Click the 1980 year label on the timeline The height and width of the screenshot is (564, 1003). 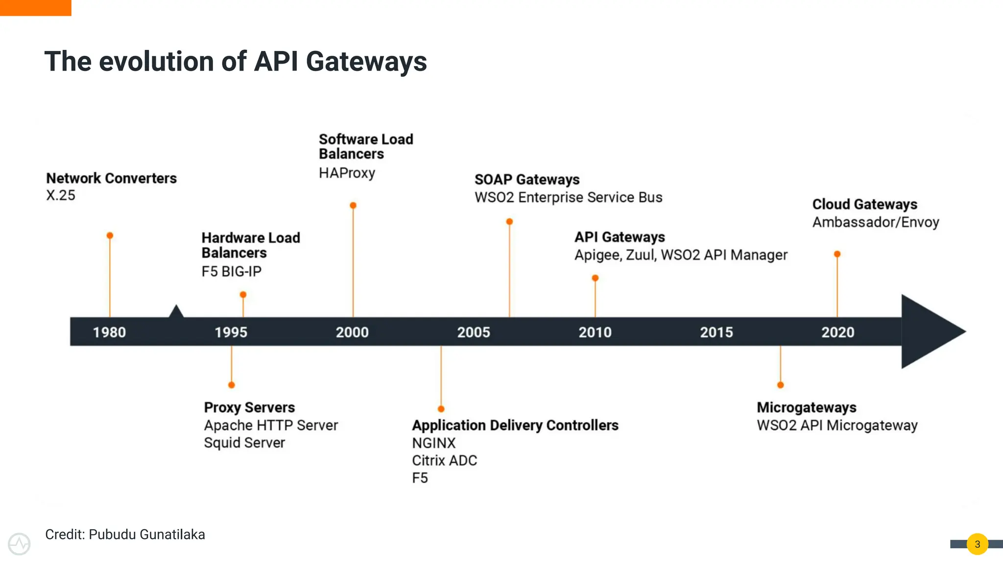[x=109, y=332]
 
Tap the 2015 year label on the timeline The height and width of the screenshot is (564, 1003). [x=716, y=332]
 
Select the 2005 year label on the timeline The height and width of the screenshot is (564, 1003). [x=474, y=332]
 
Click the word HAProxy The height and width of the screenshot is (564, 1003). [x=347, y=173]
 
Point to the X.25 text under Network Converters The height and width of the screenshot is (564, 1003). [x=61, y=195]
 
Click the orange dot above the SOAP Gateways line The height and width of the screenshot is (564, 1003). [x=509, y=222]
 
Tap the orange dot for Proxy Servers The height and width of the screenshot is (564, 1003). [x=232, y=385]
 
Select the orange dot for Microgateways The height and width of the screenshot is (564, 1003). [x=781, y=385]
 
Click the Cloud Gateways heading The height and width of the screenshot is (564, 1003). [x=864, y=204]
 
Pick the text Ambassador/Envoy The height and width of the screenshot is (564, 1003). [x=876, y=222]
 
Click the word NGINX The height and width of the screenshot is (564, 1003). [x=433, y=443]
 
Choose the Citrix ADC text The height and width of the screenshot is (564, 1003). [x=444, y=461]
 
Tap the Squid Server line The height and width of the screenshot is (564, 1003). [x=244, y=443]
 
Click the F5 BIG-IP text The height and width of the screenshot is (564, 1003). [x=232, y=271]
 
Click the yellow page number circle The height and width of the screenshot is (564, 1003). [x=978, y=544]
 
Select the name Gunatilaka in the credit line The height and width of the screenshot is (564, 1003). [x=172, y=535]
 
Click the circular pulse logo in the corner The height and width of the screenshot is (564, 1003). [x=19, y=544]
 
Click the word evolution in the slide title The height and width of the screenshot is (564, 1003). [x=157, y=62]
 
